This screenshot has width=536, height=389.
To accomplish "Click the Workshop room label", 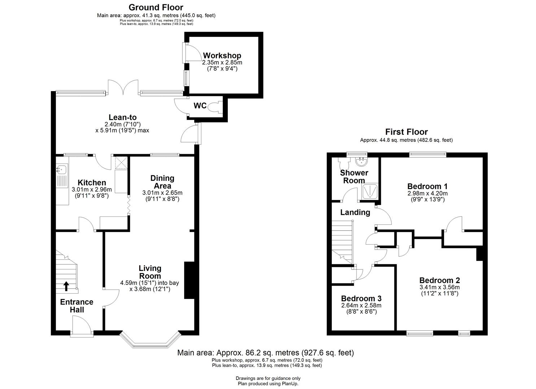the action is coord(222,55).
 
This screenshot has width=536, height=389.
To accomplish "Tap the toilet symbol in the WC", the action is coord(215,107).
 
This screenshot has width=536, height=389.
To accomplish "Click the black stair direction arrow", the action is coord(66,286).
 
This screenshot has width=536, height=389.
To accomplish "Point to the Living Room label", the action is coord(150,272).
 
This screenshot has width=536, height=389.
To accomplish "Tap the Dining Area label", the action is coord(162,182).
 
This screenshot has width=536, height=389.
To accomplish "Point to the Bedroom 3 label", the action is coord(361,299).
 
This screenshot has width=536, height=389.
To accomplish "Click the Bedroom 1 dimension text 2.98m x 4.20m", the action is coord(427,193).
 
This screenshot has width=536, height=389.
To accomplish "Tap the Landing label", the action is coord(355,212).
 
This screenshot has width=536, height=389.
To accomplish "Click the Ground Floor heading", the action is coord(156,8).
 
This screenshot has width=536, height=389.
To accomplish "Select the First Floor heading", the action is coord(406,132).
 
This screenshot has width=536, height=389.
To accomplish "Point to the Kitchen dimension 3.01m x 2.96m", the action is coord(92,190).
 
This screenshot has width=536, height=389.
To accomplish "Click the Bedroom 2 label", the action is coord(440,280).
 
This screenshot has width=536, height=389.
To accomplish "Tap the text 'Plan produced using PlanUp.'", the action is coord(268,384).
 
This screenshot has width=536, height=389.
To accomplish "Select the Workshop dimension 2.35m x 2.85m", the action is coord(222,63).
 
